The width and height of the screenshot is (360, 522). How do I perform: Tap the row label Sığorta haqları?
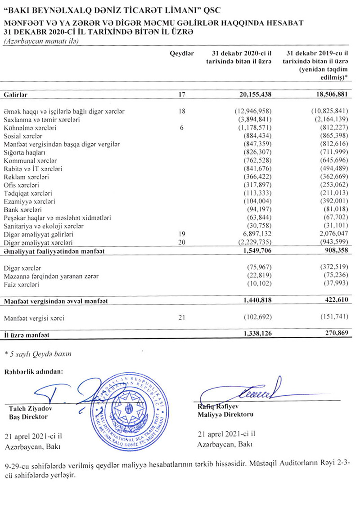point(21,152)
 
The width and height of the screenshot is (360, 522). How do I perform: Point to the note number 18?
point(182,111)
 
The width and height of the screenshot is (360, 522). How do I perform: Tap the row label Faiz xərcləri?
point(21,285)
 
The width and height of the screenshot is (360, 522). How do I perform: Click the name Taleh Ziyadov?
point(28,409)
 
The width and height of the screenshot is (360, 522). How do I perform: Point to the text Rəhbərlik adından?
point(34,371)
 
